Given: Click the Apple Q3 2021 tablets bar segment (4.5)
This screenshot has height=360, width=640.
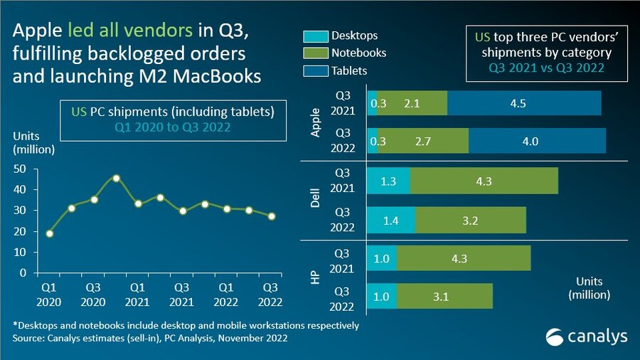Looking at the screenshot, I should coord(524,103).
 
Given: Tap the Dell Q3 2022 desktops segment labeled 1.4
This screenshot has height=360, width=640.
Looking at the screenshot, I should coord(390,220).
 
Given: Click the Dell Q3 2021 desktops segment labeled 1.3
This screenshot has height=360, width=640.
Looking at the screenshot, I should coord(388,181).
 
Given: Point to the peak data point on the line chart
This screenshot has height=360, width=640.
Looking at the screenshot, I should coord(116,179).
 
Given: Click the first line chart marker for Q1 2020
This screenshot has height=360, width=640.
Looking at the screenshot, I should coord(49,233).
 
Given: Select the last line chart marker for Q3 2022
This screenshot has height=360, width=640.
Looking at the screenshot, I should coord(271,216).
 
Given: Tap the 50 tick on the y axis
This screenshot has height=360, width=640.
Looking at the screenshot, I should coord(21,169).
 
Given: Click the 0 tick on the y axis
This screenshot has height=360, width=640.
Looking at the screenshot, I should coord(23,273).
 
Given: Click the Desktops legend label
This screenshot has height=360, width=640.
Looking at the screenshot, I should coord(354,36).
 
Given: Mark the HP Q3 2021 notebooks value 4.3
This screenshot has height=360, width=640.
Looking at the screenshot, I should coord(459,258).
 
